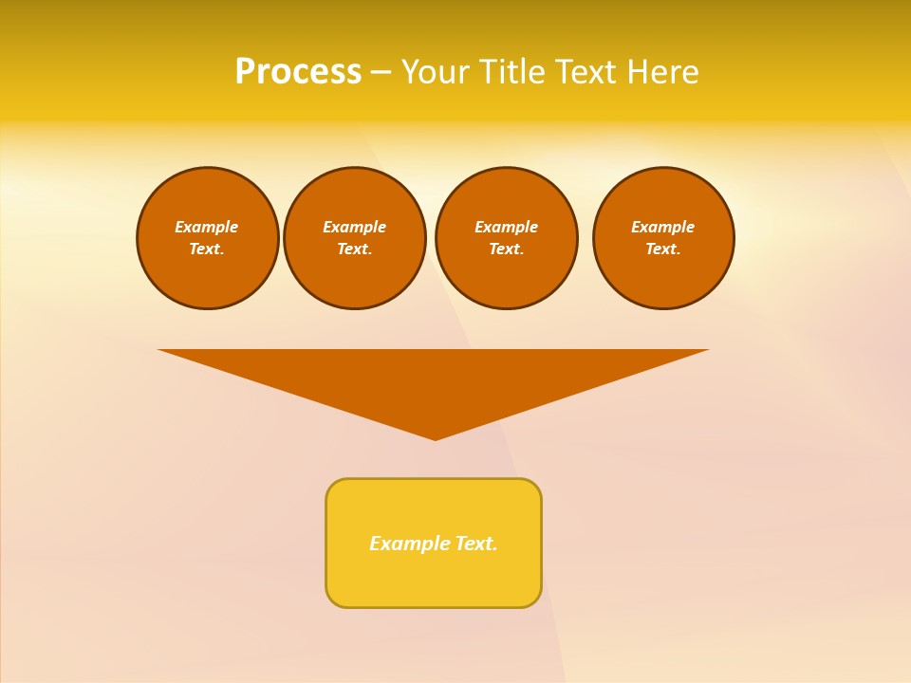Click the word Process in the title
pyautogui.click(x=298, y=72)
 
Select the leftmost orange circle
pyautogui.click(x=208, y=275)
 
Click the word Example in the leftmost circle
pyautogui.click(x=207, y=227)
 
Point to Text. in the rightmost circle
pyautogui.click(x=663, y=249)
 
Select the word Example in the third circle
pyautogui.click(x=507, y=227)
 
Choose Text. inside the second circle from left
pyautogui.click(x=355, y=249)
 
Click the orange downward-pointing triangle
pyautogui.click(x=435, y=379)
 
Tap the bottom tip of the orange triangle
pyautogui.click(x=436, y=437)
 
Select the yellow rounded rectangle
pyautogui.click(x=434, y=579)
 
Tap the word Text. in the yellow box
pyautogui.click(x=476, y=544)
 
